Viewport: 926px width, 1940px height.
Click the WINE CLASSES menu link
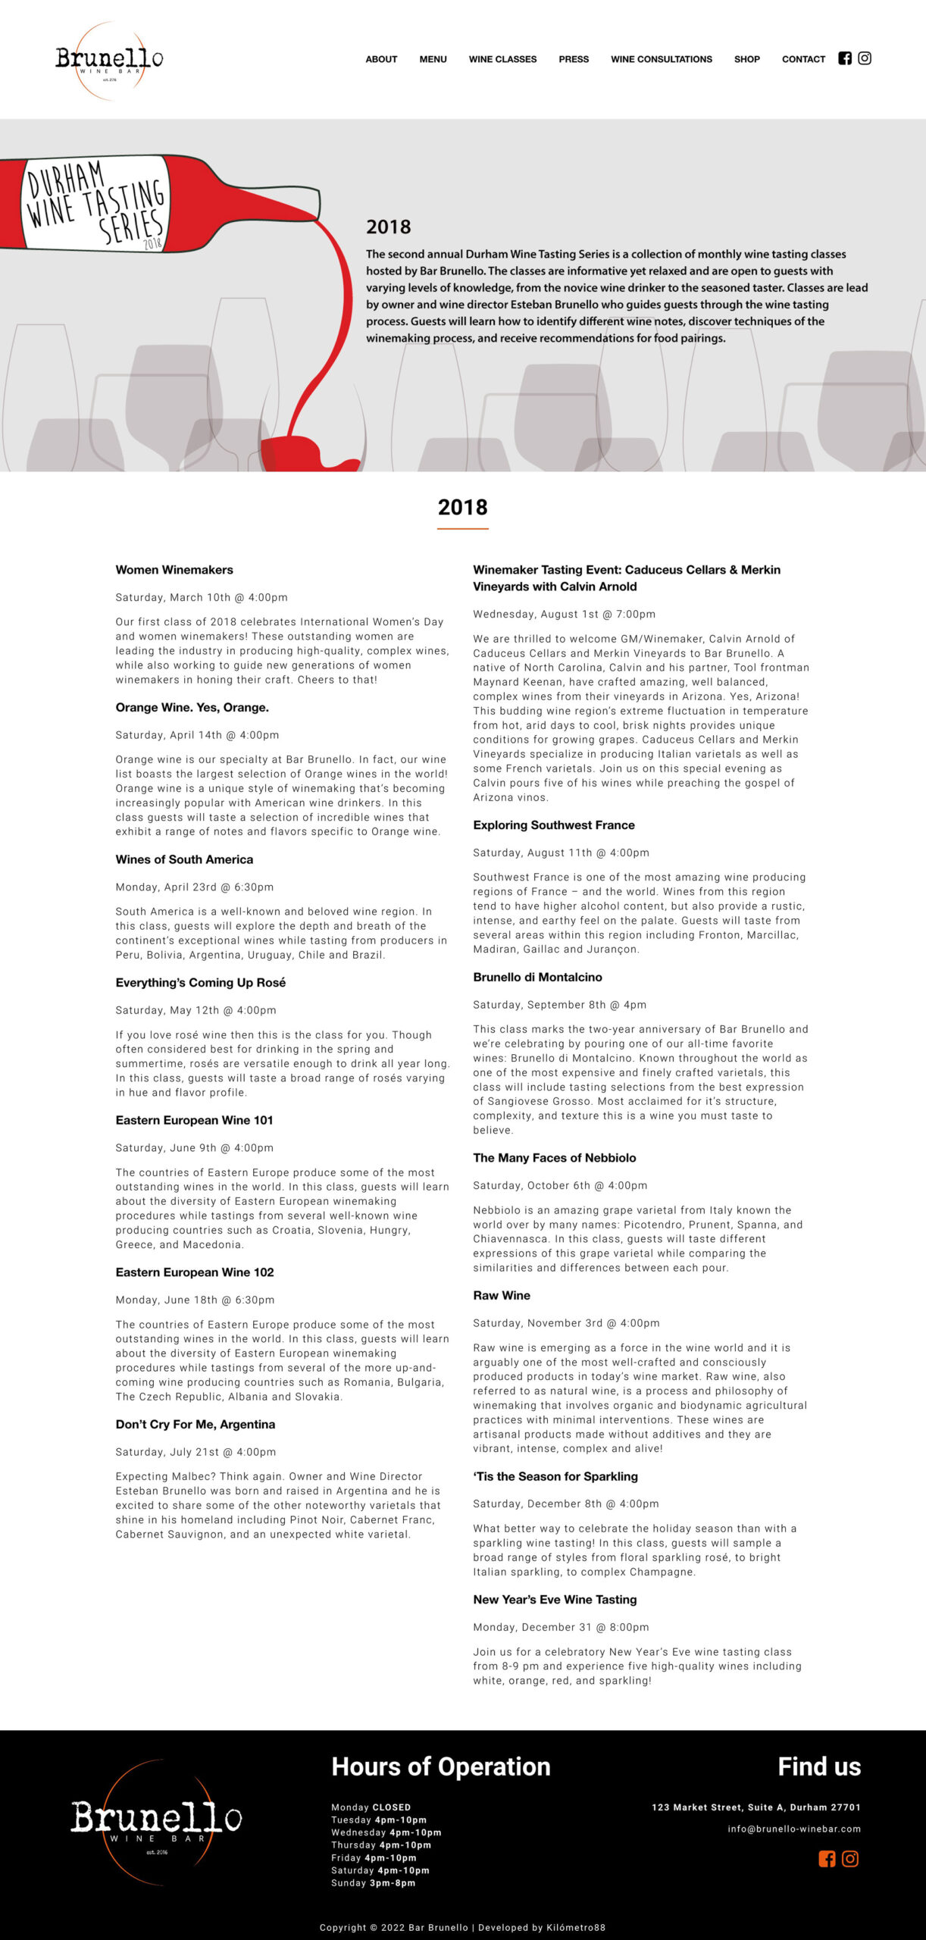[x=502, y=59]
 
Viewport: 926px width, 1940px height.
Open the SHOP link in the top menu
[x=746, y=59]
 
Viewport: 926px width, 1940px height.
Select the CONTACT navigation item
[x=803, y=59]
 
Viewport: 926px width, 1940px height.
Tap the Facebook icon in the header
[x=845, y=58]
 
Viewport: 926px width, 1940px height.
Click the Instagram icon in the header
[x=865, y=58]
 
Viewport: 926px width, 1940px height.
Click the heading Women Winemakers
[x=174, y=570]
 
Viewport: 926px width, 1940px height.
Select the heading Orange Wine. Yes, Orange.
[x=192, y=708]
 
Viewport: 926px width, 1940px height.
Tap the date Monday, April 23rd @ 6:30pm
[x=195, y=887]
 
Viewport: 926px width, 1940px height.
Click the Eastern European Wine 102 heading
[x=195, y=1272]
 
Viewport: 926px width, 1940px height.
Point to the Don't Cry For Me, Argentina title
[x=196, y=1425]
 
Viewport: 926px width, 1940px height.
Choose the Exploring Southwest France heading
[x=554, y=825]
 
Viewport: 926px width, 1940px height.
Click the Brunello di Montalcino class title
[x=537, y=978]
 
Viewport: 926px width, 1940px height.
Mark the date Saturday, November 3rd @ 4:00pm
[x=566, y=1323]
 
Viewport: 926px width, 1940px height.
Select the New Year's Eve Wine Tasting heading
[x=555, y=1600]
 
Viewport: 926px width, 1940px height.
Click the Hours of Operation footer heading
[x=441, y=1766]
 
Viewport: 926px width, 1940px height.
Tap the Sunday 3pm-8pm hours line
[x=373, y=1883]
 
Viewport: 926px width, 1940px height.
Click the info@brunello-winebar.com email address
[x=794, y=1829]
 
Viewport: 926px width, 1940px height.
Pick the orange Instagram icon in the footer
[x=850, y=1859]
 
